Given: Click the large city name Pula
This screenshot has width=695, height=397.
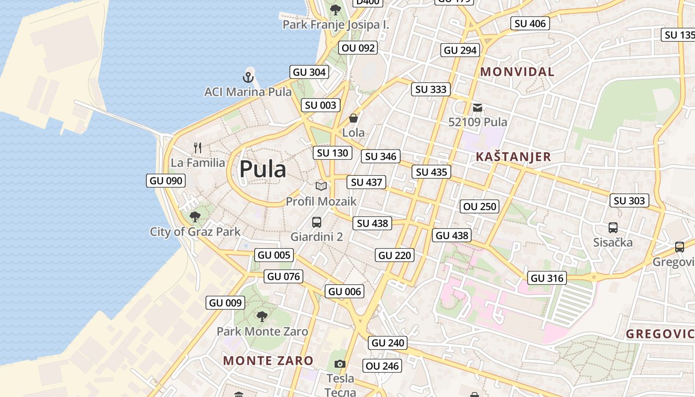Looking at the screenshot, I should click(x=263, y=169).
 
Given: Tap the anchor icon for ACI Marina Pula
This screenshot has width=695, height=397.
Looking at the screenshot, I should click(x=248, y=77).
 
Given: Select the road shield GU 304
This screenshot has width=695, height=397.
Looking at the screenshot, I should click(x=309, y=72).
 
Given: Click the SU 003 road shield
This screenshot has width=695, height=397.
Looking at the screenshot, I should click(x=321, y=105).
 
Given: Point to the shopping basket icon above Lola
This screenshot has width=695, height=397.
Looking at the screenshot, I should click(x=353, y=118).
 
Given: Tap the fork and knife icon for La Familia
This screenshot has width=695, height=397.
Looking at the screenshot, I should click(x=198, y=147).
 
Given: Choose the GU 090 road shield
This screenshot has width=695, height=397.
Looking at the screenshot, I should click(x=166, y=181).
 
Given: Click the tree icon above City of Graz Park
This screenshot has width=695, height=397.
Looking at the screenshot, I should click(x=195, y=216).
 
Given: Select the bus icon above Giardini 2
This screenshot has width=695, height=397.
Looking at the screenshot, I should click(x=317, y=222).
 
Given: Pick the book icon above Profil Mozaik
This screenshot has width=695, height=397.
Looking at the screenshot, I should click(x=321, y=186).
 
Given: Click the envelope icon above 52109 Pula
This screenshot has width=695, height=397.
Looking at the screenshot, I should click(x=478, y=107).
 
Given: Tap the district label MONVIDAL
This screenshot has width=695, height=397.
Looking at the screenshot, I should click(x=517, y=72).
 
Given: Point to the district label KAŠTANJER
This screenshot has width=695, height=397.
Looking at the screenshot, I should click(x=513, y=157).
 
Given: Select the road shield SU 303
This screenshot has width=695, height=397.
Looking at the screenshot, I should click(x=629, y=200).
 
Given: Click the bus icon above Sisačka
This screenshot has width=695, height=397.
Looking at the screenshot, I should click(x=613, y=228).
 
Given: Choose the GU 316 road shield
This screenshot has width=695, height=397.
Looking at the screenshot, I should click(x=547, y=278).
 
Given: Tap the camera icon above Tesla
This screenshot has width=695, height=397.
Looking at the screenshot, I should click(x=340, y=364).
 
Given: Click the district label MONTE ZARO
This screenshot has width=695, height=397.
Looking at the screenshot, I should click(x=268, y=361).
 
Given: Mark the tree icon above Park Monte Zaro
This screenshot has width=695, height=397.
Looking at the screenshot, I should click(x=262, y=316).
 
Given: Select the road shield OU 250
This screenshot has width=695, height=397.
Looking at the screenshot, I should click(x=479, y=206).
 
